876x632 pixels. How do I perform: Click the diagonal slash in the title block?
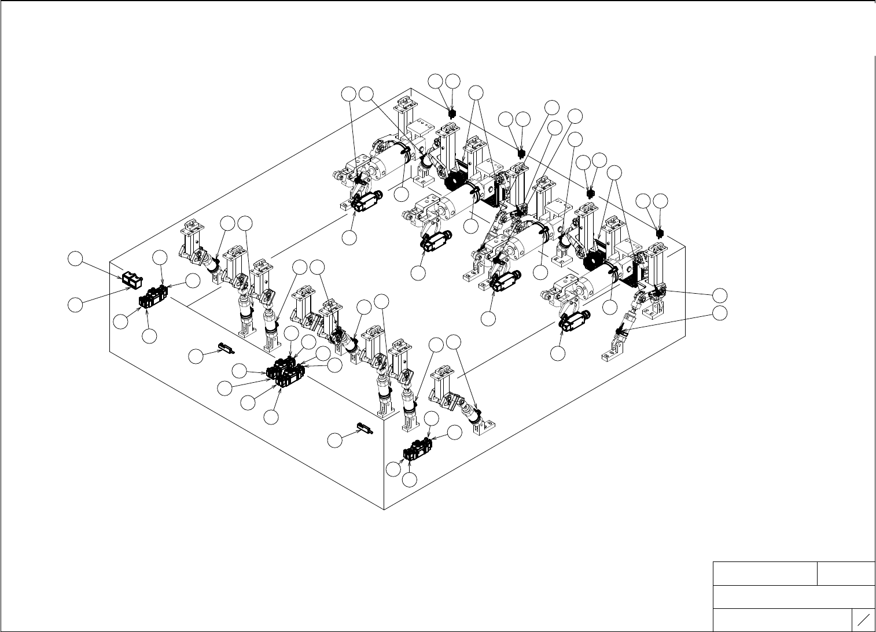coord(863,620)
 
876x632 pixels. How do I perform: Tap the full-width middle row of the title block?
coord(794,597)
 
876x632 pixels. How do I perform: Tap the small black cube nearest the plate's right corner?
coord(660,234)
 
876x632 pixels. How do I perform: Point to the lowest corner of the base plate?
coord(385,510)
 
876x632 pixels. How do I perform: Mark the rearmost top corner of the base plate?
coord(411,88)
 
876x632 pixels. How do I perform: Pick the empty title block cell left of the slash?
coord(782,620)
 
